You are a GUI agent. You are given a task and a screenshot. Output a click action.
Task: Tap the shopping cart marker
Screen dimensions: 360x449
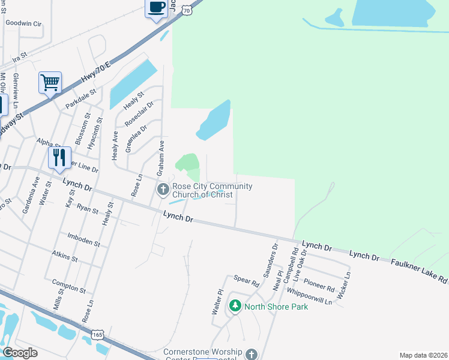(50, 82)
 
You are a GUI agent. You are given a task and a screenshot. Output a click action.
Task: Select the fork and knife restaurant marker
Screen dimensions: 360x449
(59, 157)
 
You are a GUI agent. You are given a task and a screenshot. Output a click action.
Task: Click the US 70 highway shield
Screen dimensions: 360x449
(188, 10)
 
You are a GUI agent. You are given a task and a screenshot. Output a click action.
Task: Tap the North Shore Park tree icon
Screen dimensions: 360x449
(235, 307)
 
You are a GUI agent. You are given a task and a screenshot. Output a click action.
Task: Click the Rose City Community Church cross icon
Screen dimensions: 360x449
(163, 190)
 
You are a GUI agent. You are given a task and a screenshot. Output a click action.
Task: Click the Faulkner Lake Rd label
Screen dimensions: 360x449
(420, 271)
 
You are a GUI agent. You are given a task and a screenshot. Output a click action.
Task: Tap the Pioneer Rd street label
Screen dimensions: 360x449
(319, 284)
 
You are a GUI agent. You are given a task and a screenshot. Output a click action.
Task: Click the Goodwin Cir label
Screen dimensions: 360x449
(24, 23)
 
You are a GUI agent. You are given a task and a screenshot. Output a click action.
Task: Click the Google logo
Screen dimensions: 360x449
(20, 353)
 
